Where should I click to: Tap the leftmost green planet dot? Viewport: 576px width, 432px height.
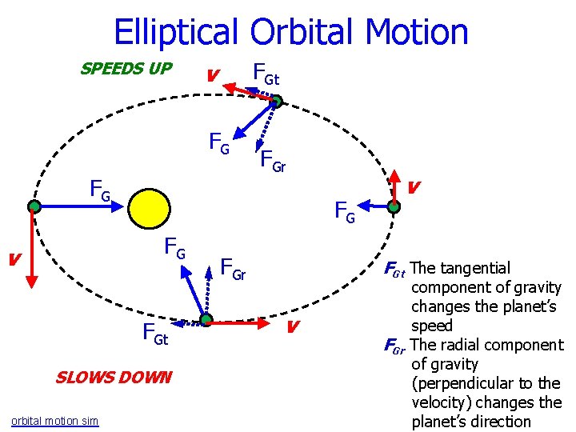click(x=34, y=206)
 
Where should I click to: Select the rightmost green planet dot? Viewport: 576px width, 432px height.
click(x=394, y=206)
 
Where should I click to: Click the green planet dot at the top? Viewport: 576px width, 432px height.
click(x=274, y=102)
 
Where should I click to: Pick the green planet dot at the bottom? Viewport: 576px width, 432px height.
click(x=206, y=320)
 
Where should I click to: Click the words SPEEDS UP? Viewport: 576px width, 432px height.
click(x=126, y=69)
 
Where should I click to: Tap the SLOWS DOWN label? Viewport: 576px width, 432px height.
click(x=113, y=377)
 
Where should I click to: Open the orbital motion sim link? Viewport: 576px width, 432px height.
click(x=55, y=421)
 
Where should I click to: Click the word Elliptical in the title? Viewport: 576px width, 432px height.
click(x=177, y=32)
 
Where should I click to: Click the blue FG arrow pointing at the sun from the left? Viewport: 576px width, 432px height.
click(x=80, y=206)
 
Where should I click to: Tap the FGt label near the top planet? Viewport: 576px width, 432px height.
click(x=266, y=74)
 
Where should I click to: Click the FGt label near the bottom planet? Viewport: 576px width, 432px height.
click(x=155, y=334)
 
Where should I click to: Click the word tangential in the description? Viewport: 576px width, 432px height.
click(x=481, y=268)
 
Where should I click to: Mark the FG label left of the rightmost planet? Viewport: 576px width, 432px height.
click(x=344, y=212)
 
